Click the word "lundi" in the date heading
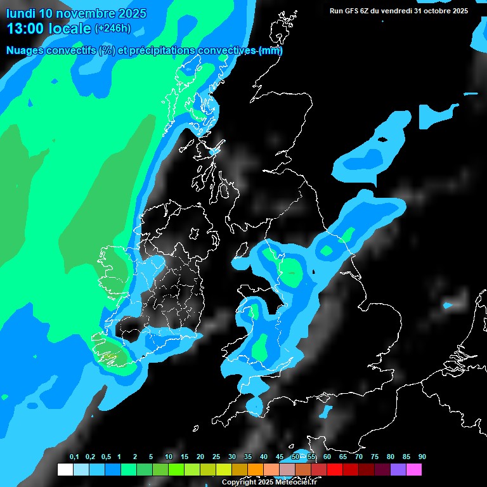coord(20,13)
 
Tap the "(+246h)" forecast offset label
coord(113,28)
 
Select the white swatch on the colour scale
coord(65,470)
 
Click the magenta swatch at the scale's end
coord(414,470)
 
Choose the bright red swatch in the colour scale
coord(335,470)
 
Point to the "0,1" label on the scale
coord(74,457)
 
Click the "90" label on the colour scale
coord(422,457)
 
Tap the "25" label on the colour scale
coord(216,457)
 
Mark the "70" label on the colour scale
coord(359,457)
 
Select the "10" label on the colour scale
coord(169,457)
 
